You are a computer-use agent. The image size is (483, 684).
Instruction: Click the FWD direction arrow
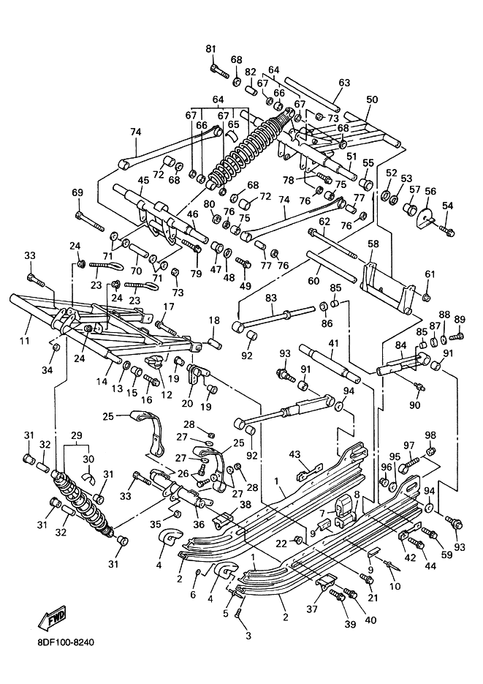(52, 618)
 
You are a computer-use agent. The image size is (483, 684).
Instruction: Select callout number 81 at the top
(210, 49)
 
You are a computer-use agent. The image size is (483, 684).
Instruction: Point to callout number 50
(372, 99)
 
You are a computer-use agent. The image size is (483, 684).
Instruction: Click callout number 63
(344, 83)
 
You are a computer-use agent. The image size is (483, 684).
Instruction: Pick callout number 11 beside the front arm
(24, 340)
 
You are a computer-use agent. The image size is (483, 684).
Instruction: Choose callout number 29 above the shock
(76, 435)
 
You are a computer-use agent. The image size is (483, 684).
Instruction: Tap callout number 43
(295, 454)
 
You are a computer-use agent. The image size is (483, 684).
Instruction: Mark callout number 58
(373, 243)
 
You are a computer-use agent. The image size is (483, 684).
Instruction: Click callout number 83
(271, 298)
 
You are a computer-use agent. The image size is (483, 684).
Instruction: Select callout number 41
(333, 343)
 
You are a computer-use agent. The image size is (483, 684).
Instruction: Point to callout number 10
(395, 586)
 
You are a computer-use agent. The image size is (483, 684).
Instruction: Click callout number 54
(448, 206)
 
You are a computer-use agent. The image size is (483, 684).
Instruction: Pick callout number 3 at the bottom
(248, 636)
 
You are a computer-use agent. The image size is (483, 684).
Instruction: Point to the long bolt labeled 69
(90, 221)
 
